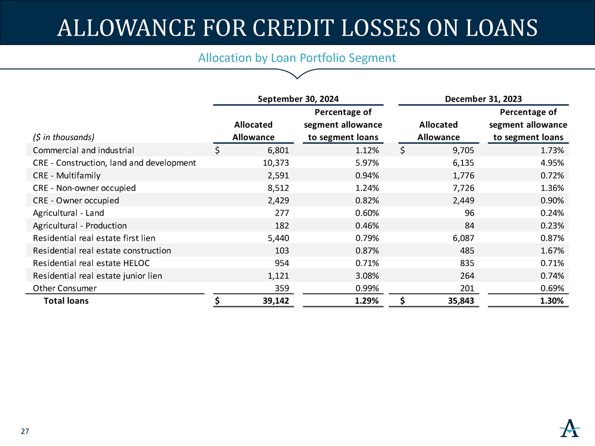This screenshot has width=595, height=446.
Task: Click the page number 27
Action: point(25,431)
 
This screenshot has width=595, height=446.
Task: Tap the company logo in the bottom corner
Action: point(570,428)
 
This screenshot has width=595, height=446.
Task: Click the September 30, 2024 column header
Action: point(298,99)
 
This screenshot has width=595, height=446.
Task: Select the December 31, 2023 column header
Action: point(483,99)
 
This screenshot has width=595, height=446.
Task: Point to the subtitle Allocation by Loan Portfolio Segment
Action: point(297,57)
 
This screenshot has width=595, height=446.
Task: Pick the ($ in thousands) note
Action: point(63,137)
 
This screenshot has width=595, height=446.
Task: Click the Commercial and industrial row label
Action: point(83,150)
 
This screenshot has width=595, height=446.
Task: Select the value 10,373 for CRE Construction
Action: point(276,163)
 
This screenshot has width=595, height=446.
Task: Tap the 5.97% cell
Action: point(367,163)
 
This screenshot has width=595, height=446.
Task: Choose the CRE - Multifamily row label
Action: point(66,175)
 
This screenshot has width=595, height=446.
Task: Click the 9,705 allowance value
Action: point(463,150)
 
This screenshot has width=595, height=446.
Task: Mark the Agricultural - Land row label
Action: point(68,213)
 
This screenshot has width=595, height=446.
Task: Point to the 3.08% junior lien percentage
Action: point(367,276)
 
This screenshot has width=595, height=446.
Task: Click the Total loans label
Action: point(66,301)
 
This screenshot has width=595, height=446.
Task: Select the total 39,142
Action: point(276,301)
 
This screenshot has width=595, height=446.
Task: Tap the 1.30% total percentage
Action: point(552,301)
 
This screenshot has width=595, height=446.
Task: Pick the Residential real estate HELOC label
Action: point(91,263)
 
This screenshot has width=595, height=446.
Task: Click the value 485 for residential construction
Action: point(467,250)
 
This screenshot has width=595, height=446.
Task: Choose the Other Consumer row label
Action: point(64,288)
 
